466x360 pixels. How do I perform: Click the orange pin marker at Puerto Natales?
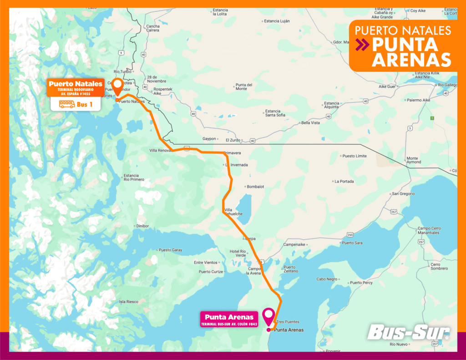(x=117, y=85)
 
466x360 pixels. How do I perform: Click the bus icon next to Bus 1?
(x=67, y=104)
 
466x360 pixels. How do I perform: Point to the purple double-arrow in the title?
(x=363, y=45)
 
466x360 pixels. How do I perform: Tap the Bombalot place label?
(x=255, y=187)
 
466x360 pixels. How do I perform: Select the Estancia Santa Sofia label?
(x=275, y=113)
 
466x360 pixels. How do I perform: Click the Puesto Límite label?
(x=354, y=156)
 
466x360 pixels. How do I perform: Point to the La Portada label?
(x=344, y=181)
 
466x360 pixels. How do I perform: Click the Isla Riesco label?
(x=128, y=301)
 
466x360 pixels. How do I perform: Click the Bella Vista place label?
(x=310, y=123)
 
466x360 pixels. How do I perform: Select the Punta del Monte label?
(x=244, y=86)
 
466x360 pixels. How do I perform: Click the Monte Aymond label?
(x=414, y=160)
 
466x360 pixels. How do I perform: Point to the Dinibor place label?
(x=142, y=226)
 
